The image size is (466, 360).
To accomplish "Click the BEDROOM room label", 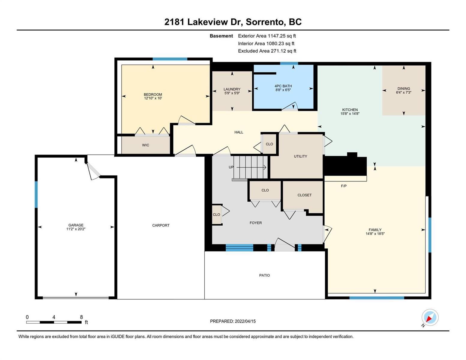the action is point(153,94).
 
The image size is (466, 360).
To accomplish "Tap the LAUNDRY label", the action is point(232,89).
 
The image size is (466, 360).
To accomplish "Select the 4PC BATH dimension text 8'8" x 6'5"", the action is point(283,90).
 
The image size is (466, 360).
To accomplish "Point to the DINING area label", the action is point(404,88).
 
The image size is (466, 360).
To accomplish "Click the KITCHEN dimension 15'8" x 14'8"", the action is point(350,114).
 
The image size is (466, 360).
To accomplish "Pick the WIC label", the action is point(146,145).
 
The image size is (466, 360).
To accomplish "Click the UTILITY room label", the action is point(300,156).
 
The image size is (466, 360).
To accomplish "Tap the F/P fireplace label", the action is point(344,186).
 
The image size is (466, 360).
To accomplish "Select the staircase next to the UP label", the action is point(251,167).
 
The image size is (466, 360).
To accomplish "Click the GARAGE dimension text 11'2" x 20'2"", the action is point(76,229).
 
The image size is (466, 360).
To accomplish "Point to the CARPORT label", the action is point(161,225).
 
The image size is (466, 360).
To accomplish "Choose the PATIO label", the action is point(264,275).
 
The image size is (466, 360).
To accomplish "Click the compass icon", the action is point(430,317).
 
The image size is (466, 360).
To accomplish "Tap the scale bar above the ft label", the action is point(54,322).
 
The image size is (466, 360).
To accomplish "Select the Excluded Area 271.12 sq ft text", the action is point(267,51).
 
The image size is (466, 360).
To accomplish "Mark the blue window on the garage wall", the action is point(36,194).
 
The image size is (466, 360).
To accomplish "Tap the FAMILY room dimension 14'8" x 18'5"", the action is point(375,234).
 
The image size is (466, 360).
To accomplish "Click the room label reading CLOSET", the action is point(304,195).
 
